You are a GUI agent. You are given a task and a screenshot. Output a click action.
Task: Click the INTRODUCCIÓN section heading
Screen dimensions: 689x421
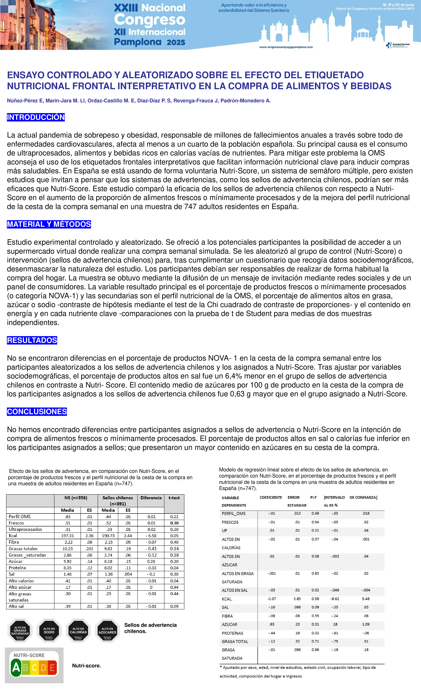click(36, 117)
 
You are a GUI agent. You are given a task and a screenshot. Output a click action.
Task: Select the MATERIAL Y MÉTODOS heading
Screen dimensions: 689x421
click(49, 224)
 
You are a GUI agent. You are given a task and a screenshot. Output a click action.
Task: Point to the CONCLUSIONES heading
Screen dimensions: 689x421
click(37, 412)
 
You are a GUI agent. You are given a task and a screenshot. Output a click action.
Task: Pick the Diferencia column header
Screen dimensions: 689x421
click(151, 498)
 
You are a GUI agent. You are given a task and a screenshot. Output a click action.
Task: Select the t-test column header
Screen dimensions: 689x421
click(174, 498)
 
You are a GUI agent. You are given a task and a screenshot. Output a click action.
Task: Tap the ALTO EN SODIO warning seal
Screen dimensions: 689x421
click(49, 631)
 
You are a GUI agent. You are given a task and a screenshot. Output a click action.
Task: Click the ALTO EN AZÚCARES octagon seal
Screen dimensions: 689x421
click(107, 631)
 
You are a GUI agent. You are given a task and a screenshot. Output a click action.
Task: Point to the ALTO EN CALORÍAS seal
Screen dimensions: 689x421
click(78, 631)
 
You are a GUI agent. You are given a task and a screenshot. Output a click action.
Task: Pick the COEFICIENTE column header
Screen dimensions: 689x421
click(271, 497)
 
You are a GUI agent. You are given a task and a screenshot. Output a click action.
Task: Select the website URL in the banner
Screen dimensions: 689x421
click(286, 47)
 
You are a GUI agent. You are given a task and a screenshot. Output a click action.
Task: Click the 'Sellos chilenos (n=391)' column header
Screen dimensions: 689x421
click(118, 501)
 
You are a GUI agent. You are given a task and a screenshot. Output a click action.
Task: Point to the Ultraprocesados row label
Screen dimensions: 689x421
click(25, 529)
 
